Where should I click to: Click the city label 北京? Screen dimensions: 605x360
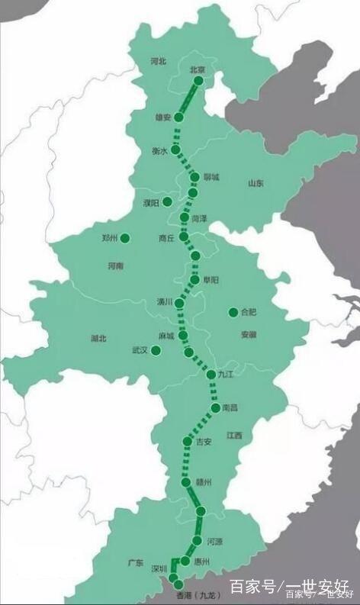click(198, 69)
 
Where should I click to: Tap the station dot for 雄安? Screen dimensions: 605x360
click(178, 117)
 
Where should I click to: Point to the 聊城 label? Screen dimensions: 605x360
click(211, 177)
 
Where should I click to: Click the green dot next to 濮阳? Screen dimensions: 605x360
click(167, 201)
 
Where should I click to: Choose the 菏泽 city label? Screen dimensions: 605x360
click(199, 218)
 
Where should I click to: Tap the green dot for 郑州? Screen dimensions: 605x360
click(125, 238)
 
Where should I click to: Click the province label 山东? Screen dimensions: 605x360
click(256, 183)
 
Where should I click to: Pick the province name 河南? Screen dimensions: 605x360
click(116, 265)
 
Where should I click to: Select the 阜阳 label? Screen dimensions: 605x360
click(211, 281)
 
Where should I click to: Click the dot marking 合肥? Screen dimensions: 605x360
click(233, 312)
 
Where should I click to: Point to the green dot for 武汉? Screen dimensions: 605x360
click(156, 350)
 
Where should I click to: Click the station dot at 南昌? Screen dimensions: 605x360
click(216, 408)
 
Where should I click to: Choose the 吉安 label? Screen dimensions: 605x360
click(203, 442)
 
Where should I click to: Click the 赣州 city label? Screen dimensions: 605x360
click(202, 483)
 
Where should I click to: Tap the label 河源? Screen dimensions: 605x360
click(214, 541)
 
